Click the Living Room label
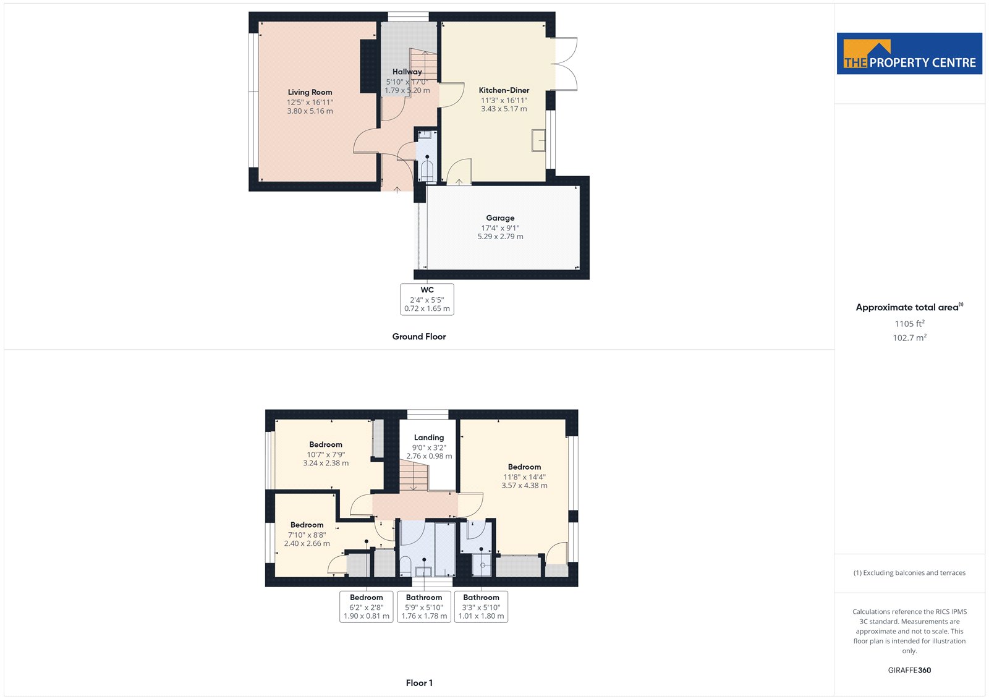tap(310, 92)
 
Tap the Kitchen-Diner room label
tap(504, 90)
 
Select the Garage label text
tap(500, 218)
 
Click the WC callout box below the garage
tap(427, 299)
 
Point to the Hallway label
tap(407, 72)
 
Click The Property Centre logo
tap(909, 53)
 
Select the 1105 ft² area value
tap(909, 324)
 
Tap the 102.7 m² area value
tap(909, 338)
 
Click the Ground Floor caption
tap(419, 336)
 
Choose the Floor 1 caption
tap(419, 683)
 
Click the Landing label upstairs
tap(429, 438)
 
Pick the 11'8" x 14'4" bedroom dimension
tap(525, 477)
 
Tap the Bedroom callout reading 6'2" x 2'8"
tap(367, 607)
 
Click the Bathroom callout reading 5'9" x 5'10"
tap(424, 607)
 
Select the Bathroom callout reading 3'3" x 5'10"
tap(482, 607)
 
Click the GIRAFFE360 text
tap(909, 671)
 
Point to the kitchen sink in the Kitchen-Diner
tap(538, 140)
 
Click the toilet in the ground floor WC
tap(427, 171)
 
